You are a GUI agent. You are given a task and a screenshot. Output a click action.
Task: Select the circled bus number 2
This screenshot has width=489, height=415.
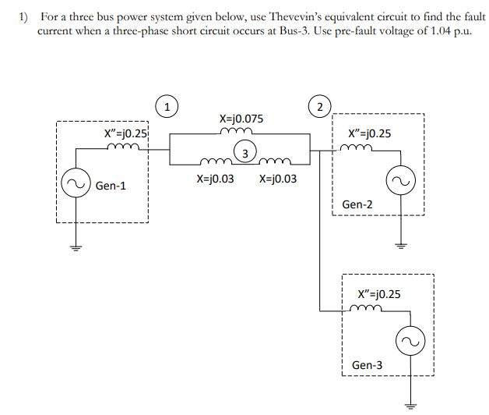pyautogui.click(x=318, y=105)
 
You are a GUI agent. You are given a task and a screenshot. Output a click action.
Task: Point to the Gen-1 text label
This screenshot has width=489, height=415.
pyautogui.click(x=111, y=186)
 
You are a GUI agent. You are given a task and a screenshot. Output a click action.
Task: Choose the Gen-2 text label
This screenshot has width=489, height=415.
pyautogui.click(x=357, y=204)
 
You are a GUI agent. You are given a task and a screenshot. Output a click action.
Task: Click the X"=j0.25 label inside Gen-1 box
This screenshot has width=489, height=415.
pyautogui.click(x=126, y=133)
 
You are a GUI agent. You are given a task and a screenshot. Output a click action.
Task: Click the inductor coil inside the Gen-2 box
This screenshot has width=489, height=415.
pyautogui.click(x=366, y=147)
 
